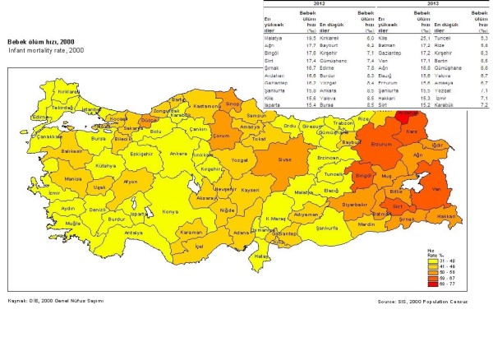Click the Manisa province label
pos(51,178)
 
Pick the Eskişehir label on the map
pos(119,153)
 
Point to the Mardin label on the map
pos(365,224)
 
